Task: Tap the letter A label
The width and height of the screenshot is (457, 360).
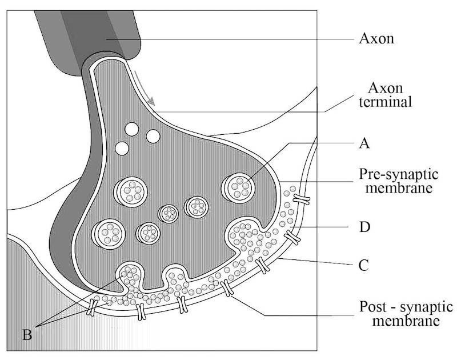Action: click(364, 143)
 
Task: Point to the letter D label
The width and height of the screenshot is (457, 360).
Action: click(364, 227)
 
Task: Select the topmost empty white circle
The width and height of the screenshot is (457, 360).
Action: click(132, 129)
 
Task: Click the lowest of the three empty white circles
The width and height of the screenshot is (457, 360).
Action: click(121, 149)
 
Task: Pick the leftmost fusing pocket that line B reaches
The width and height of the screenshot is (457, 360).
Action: click(131, 275)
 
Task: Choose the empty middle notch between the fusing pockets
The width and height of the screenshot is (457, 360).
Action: click(175, 276)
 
